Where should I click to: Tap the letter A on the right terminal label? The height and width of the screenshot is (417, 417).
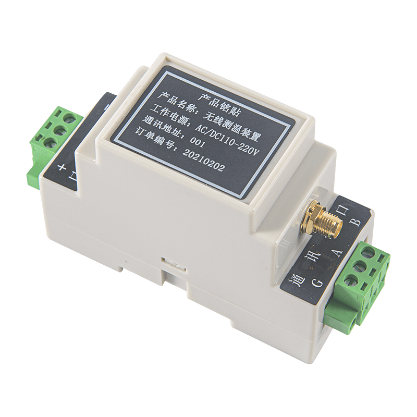(337, 253)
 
